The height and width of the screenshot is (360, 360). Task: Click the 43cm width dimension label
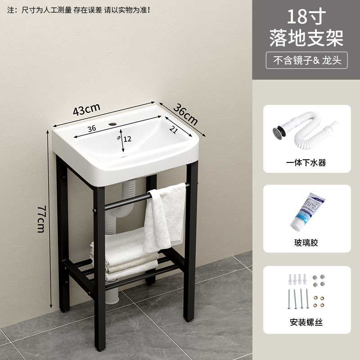coord(86,109)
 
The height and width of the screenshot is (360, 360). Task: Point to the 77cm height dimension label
coord(41,219)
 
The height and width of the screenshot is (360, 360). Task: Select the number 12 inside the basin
coord(127,139)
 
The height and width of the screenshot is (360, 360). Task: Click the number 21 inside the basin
coord(174,130)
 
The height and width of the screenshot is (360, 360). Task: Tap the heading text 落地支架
coord(306,38)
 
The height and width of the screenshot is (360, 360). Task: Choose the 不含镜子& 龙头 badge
coord(306,60)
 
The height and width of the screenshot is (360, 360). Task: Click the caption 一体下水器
coord(306,162)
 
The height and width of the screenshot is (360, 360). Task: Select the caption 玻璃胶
coord(306,243)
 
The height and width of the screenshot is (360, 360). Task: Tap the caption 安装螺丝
coord(306,322)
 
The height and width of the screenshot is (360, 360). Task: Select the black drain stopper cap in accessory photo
coord(278,133)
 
